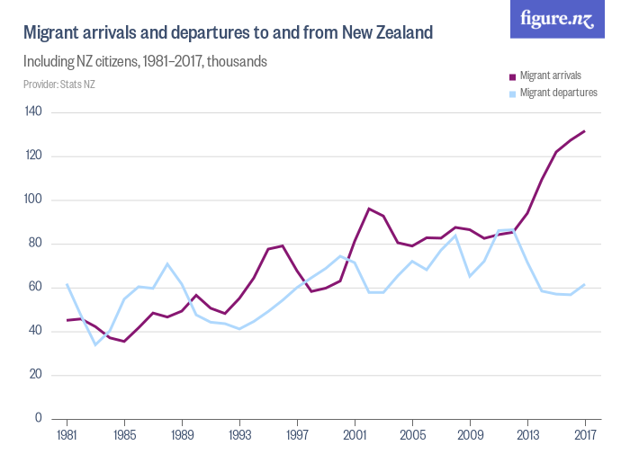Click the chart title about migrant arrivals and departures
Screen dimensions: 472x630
tap(228, 33)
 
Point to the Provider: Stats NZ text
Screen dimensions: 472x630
tap(58, 85)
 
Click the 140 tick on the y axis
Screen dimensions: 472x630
tap(34, 111)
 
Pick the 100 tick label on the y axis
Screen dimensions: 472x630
tap(34, 200)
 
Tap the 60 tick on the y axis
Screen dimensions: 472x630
tap(36, 288)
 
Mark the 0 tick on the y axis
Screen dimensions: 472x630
tap(39, 419)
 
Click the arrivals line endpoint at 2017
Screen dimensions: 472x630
tap(585, 131)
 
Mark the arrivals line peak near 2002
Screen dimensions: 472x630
tap(369, 209)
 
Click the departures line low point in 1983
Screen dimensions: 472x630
tap(95, 344)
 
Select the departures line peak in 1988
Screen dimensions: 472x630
tap(167, 264)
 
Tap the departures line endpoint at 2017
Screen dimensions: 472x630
tap(585, 284)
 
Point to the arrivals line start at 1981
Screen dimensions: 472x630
tap(67, 320)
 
